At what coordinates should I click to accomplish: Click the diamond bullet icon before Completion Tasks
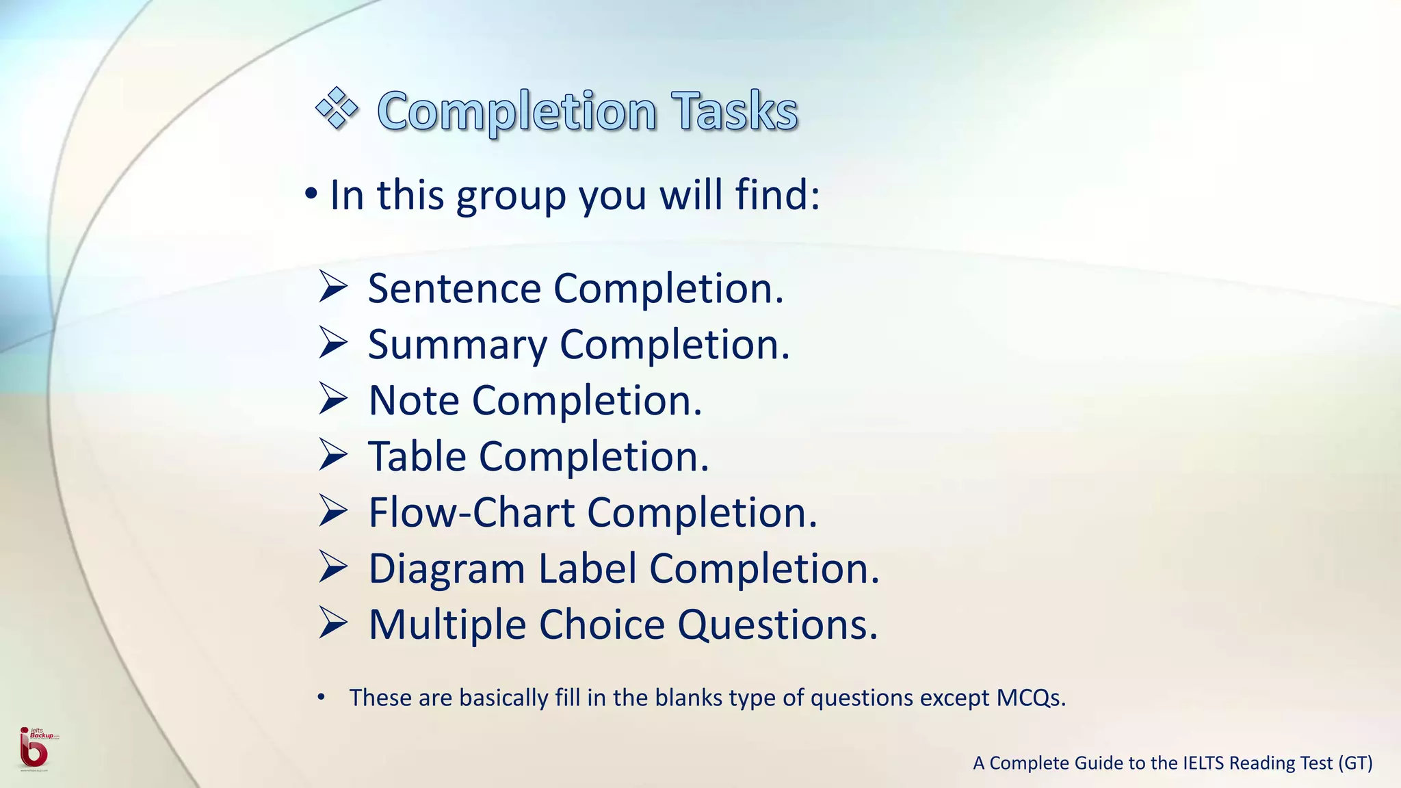pyautogui.click(x=337, y=108)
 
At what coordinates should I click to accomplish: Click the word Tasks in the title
pyautogui.click(x=734, y=111)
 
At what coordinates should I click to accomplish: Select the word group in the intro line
pyautogui.click(x=511, y=196)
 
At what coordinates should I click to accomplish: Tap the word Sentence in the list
pyautogui.click(x=454, y=288)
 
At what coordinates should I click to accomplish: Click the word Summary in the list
pyautogui.click(x=457, y=345)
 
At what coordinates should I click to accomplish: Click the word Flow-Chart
pyautogui.click(x=471, y=512)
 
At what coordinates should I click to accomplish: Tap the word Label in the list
pyautogui.click(x=588, y=568)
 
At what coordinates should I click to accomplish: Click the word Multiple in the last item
pyautogui.click(x=447, y=625)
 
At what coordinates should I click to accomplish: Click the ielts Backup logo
pyautogui.click(x=34, y=748)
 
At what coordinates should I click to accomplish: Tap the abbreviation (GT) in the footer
pyautogui.click(x=1355, y=763)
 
